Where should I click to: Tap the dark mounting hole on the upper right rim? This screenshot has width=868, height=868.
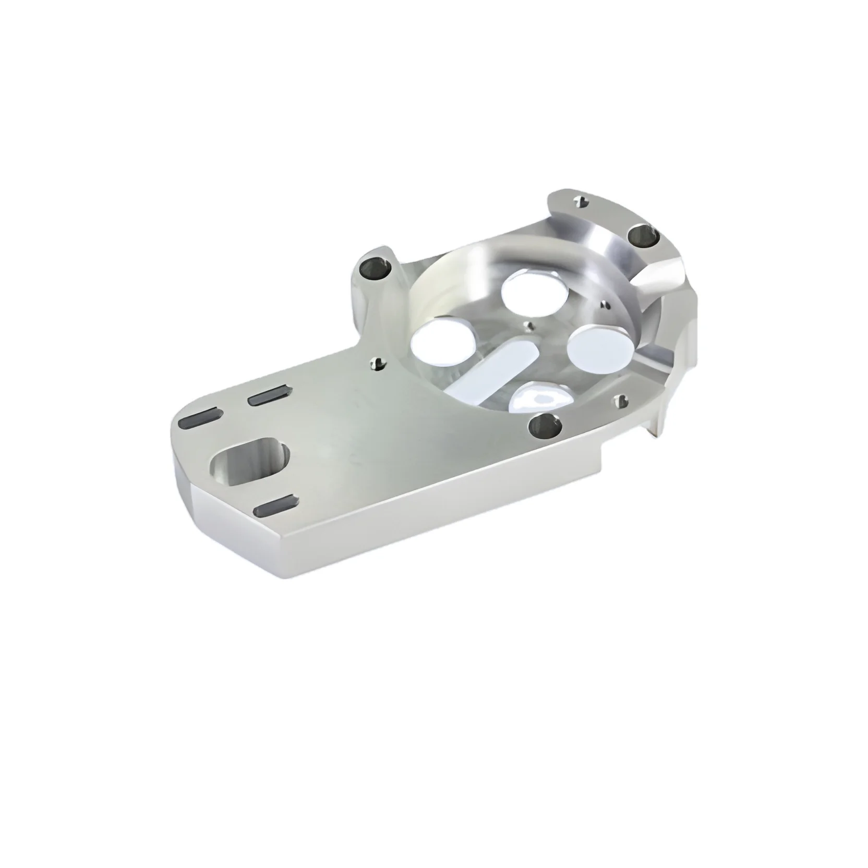point(643,235)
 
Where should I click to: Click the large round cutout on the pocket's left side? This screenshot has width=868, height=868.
point(444,342)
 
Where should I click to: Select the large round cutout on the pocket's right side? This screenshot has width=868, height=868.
point(599,348)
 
